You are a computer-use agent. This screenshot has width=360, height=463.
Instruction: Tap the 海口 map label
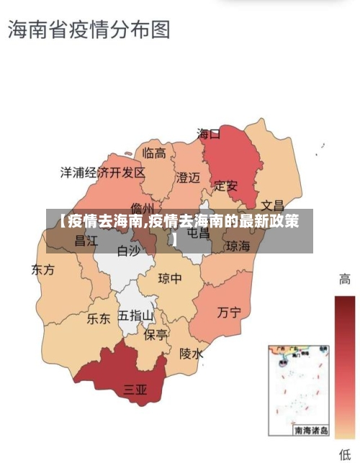click(209, 134)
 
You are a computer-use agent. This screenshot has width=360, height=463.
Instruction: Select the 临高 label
click(154, 153)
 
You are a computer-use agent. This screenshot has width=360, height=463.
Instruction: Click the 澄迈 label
click(188, 177)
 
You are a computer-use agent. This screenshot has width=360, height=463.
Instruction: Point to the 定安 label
click(226, 186)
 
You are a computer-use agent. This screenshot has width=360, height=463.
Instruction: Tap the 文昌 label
click(272, 204)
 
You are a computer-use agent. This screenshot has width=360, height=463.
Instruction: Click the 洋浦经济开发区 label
click(102, 173)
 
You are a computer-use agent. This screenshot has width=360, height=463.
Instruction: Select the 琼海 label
click(238, 246)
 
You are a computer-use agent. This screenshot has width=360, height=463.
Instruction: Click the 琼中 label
click(170, 279)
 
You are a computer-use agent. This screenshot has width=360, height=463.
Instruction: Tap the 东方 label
click(42, 270)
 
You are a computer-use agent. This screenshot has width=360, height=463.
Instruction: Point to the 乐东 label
click(99, 318)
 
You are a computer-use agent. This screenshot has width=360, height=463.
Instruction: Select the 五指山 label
click(136, 315)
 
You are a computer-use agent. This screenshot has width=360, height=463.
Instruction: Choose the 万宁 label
click(229, 312)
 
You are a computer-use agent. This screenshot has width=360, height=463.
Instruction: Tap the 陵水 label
click(192, 354)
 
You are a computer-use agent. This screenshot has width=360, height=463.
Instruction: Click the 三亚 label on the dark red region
click(135, 390)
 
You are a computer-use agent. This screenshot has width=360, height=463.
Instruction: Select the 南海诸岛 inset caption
click(310, 430)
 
